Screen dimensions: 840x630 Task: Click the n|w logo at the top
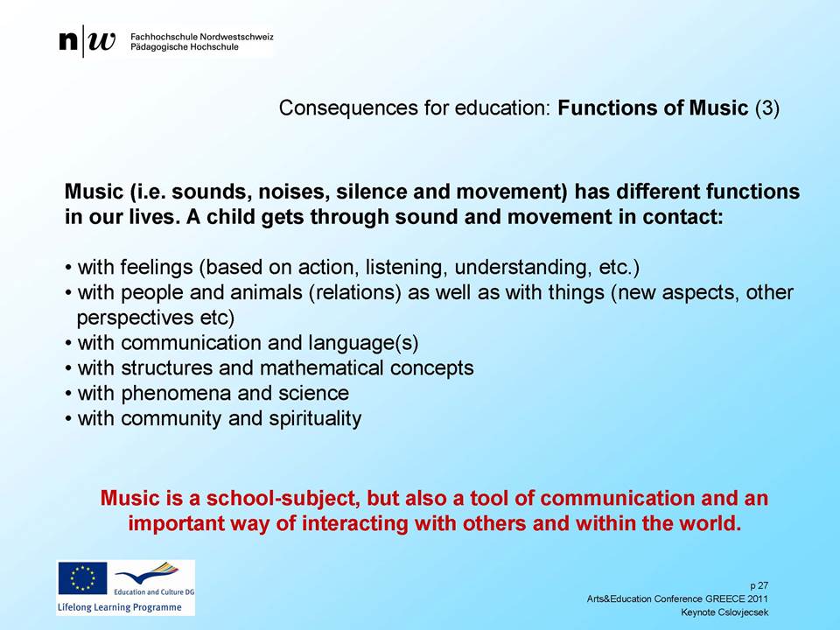87,41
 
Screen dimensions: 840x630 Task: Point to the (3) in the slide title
767,108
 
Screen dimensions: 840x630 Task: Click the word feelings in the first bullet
157,268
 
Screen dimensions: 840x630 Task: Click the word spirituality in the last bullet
315,419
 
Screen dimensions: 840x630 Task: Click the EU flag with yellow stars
82,578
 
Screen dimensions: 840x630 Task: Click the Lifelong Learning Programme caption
120,607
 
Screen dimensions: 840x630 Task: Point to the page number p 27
759,586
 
